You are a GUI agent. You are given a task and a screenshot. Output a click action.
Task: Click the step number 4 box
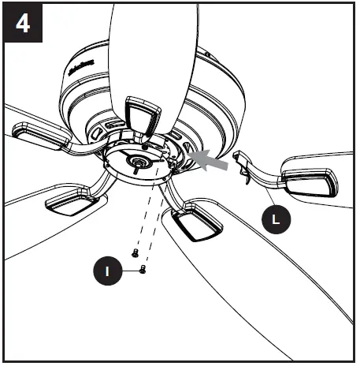pyautogui.click(x=23, y=23)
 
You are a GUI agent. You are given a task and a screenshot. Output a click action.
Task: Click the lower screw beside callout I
pyautogui.click(x=142, y=270)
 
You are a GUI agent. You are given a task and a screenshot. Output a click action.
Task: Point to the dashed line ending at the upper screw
pyautogui.click(x=144, y=213)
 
